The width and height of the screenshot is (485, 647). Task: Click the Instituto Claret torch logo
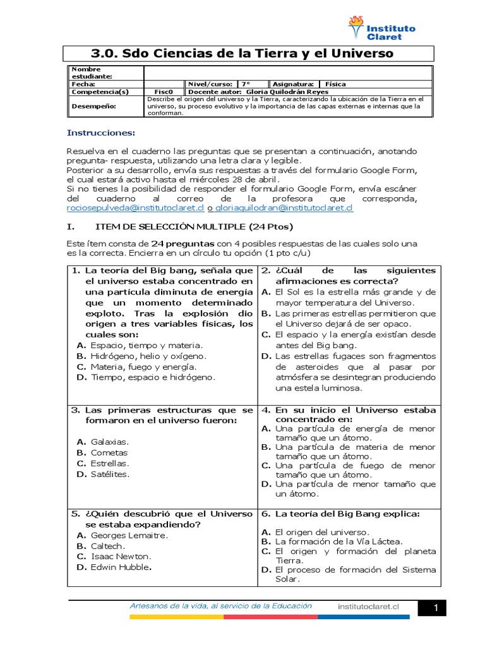point(356,28)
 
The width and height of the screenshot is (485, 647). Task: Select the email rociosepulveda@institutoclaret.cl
point(135,207)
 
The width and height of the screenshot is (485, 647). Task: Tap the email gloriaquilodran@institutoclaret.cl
point(284,207)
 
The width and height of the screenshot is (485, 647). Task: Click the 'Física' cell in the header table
point(335,84)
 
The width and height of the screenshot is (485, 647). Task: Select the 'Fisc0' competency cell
point(164,92)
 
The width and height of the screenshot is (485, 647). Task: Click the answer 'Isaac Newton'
point(121,556)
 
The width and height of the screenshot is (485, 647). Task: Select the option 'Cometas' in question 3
point(109,452)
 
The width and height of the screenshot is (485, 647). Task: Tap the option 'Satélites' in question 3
point(110,473)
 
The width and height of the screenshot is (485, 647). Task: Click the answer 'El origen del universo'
point(322,532)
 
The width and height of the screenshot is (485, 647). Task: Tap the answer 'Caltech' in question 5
point(107,546)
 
